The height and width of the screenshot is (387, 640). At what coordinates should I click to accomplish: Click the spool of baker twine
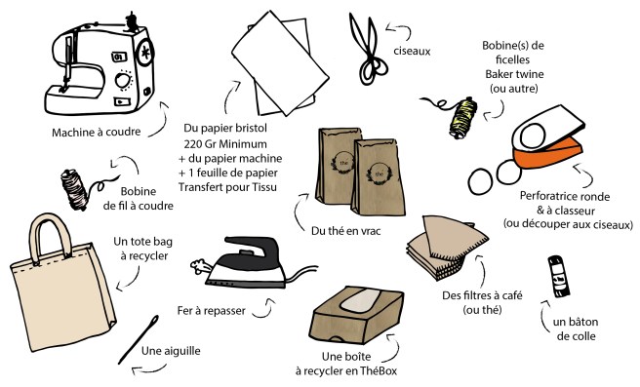[x=459, y=116]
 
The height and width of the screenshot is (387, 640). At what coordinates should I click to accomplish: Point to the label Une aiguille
[x=168, y=351]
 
